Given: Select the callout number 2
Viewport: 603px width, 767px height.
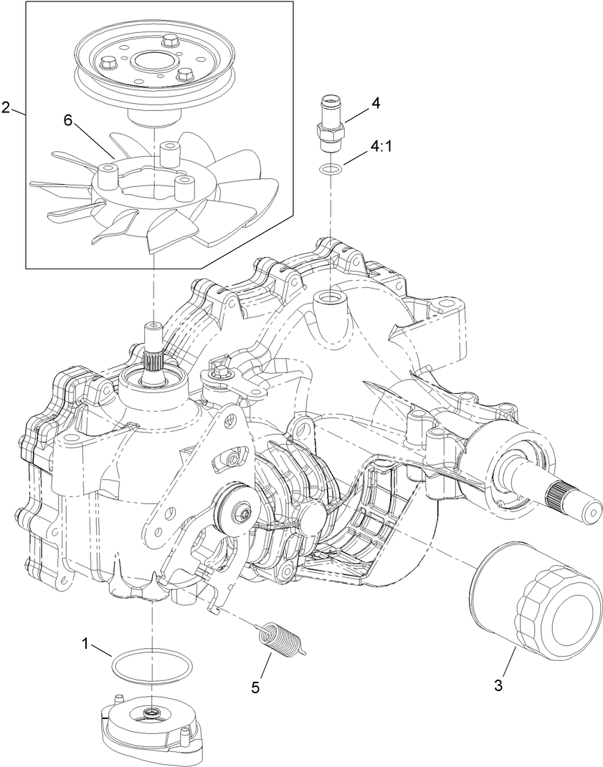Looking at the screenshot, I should tap(6, 107).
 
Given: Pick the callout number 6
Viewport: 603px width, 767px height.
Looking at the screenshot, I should tap(69, 121).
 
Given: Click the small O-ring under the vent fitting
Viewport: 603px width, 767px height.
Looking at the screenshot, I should tap(330, 170).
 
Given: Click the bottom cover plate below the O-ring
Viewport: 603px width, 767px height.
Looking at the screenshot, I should tap(151, 723).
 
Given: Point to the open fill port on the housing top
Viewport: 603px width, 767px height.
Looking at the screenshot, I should tap(330, 296).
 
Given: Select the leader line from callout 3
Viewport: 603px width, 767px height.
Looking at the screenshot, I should tap(505, 662).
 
